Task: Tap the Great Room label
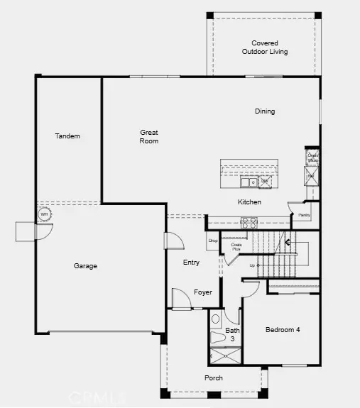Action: (x=148, y=136)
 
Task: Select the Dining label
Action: (x=265, y=111)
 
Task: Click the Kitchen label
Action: (x=249, y=202)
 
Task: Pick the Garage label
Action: (x=85, y=266)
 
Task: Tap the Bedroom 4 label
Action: (x=283, y=329)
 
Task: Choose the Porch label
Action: (x=214, y=378)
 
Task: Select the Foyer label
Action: (x=203, y=292)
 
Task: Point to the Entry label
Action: (x=192, y=263)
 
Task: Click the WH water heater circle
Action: (x=44, y=214)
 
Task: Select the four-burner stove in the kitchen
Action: (x=249, y=221)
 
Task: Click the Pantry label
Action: (x=304, y=215)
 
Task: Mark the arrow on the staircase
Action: (x=288, y=242)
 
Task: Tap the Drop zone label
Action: (x=212, y=241)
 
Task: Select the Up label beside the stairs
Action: (x=251, y=265)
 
